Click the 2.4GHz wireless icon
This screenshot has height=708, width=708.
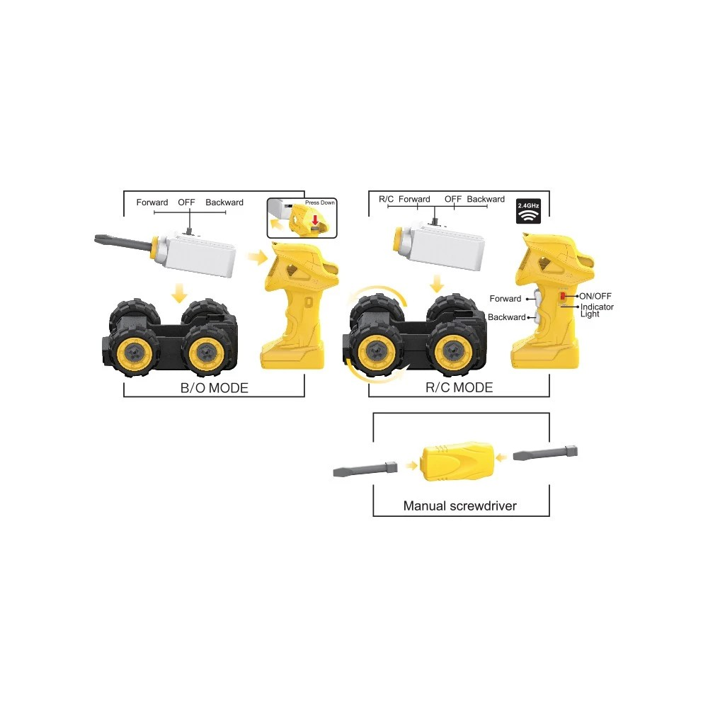(528, 211)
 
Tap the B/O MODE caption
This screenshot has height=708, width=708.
(214, 388)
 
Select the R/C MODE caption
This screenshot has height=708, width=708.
(459, 387)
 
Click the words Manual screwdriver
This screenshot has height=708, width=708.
(460, 506)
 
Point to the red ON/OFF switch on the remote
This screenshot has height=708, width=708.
(563, 296)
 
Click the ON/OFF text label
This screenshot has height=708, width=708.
(595, 296)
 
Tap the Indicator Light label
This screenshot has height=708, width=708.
(597, 310)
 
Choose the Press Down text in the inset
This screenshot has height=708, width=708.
(320, 202)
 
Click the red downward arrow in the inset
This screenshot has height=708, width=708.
(315, 220)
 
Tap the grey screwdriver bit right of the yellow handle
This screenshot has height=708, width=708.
(545, 453)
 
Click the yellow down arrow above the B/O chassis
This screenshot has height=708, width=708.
(180, 293)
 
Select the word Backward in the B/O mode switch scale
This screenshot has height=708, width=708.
(224, 202)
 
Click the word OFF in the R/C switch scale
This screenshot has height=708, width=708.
(453, 199)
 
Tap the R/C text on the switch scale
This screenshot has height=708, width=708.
(386, 199)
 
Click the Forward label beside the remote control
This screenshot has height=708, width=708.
(506, 299)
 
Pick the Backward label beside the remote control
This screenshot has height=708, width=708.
(507, 317)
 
